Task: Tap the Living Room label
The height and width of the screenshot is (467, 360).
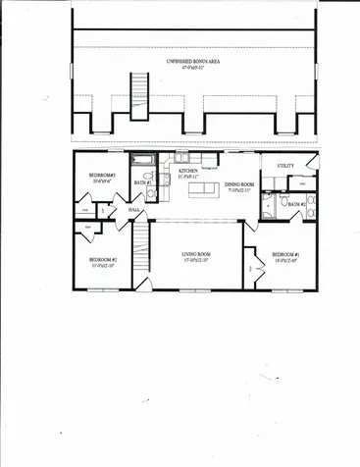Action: point(196,254)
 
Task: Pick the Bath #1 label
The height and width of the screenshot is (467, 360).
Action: point(141,182)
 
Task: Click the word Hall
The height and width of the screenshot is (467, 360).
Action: point(135,209)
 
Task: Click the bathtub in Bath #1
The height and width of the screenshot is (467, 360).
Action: point(142,159)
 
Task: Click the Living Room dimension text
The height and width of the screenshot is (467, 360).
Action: point(196,261)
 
